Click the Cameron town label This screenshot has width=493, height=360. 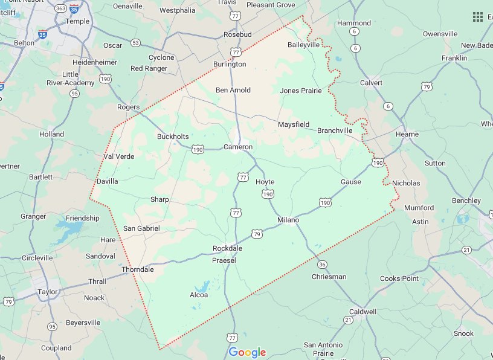[x=238, y=147]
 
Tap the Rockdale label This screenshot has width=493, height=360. [x=227, y=249]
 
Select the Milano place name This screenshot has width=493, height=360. [x=288, y=220]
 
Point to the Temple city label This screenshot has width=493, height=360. [x=77, y=21]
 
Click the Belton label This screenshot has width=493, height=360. [x=24, y=43]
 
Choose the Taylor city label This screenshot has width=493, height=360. [x=48, y=292]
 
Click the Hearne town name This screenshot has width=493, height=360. [x=407, y=134]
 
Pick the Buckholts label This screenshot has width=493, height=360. [x=173, y=137]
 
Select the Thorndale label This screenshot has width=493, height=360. [x=138, y=269]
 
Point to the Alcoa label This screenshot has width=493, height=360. [x=199, y=295]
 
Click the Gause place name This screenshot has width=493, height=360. [x=351, y=182]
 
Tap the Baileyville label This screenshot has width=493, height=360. [x=303, y=45]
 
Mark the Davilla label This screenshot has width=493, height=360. [x=107, y=181]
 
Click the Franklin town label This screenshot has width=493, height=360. [x=454, y=58]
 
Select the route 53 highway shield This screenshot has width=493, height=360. [x=135, y=43]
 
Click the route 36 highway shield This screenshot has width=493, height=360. [x=322, y=264]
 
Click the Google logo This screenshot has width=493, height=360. [x=247, y=352]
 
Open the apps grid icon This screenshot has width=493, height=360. [x=478, y=16]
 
